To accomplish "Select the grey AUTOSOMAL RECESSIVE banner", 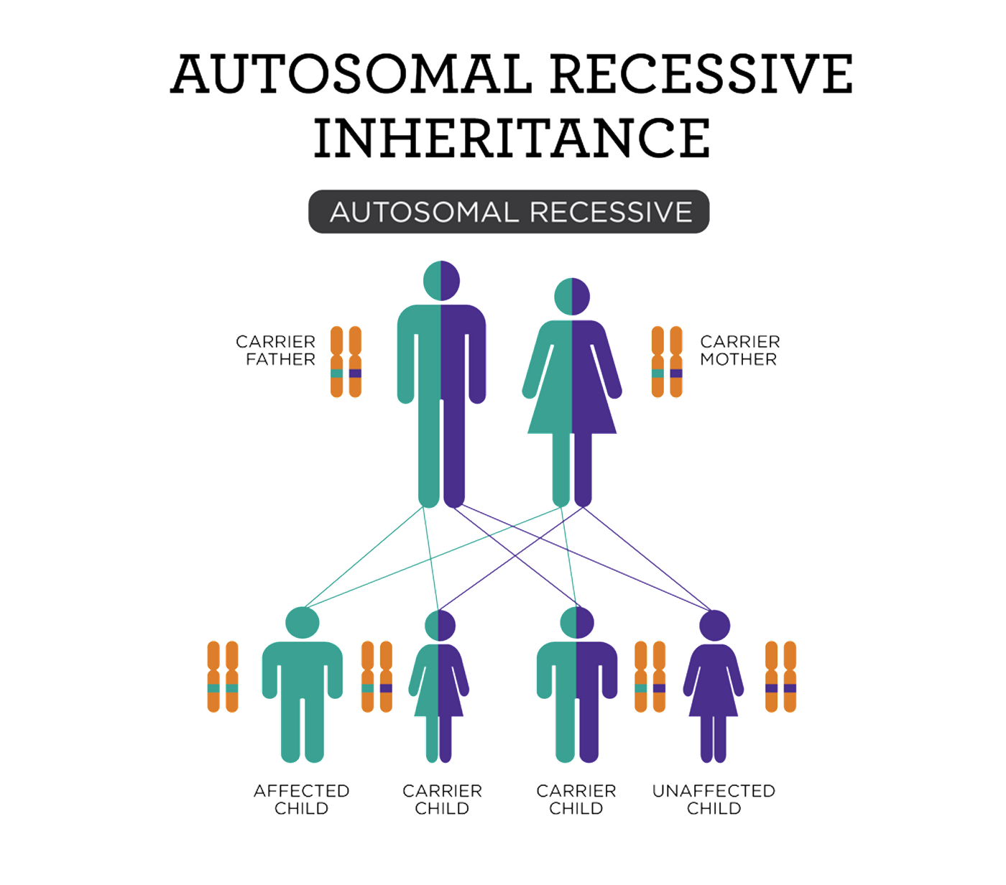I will tap(509, 212).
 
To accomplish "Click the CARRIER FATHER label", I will tap(277, 351).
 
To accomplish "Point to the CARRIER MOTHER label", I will tap(739, 351).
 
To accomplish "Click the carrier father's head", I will tap(441, 281).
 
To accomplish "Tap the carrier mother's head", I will tap(572, 297).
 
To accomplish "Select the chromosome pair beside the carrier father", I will tap(346, 361).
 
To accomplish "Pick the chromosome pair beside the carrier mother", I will tap(667, 361).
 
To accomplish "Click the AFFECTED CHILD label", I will tap(301, 800).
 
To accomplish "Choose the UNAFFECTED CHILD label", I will tap(714, 800).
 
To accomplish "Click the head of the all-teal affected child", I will tap(303, 623).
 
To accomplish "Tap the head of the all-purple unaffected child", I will tap(714, 626).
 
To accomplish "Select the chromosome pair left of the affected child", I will tap(222, 677).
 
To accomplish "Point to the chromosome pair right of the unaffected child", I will tap(780, 677).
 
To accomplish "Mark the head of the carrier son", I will tap(576, 623).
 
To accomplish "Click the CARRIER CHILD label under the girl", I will tap(442, 800).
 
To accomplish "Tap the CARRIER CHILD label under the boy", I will tap(576, 800).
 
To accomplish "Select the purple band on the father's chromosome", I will tap(355, 374).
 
